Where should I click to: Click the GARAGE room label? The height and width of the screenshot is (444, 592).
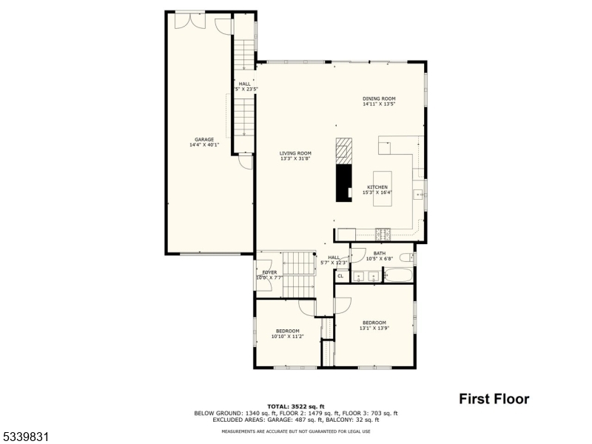point(204,139)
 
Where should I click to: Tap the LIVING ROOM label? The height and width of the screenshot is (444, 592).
point(295,152)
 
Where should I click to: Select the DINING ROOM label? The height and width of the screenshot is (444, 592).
point(379,98)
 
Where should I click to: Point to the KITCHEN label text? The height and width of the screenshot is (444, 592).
point(377,187)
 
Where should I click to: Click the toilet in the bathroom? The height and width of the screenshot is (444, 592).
point(406,258)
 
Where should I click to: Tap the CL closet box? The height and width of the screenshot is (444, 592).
point(340,276)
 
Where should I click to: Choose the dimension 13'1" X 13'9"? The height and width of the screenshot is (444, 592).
point(374,328)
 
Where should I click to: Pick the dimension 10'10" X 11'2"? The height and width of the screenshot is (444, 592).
point(287,336)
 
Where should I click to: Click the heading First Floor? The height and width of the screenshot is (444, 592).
point(494,399)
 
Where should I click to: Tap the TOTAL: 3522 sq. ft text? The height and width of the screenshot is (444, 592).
point(295,406)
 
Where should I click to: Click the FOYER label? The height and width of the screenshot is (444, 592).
point(269,272)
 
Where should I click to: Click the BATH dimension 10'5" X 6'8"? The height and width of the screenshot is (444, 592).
point(380,258)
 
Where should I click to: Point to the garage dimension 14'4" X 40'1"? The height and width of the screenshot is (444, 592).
point(204,144)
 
